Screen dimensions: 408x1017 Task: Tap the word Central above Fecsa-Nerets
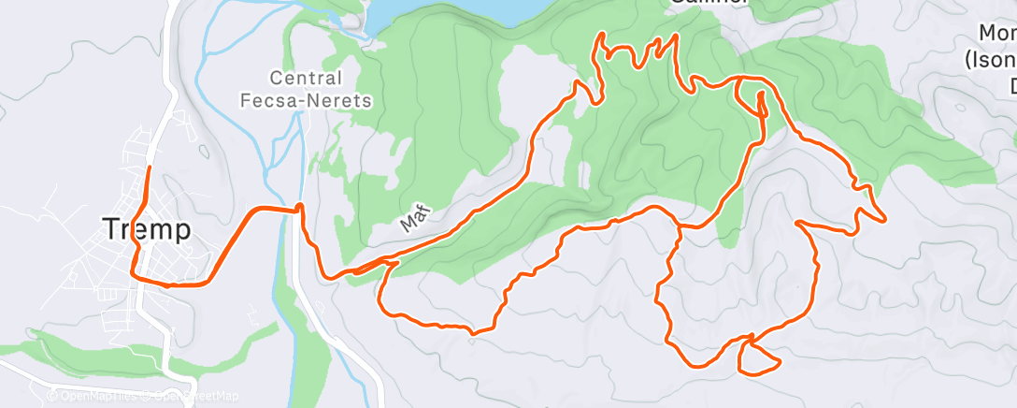tap(306, 79)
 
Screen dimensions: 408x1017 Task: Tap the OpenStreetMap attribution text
tap(192, 396)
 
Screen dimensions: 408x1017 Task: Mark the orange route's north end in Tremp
tap(150, 168)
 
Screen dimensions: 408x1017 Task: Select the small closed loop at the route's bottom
tap(756, 357)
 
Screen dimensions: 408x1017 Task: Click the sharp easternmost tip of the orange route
tap(885, 221)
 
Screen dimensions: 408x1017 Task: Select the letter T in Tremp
tap(109, 229)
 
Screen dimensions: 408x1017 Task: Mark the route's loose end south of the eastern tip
tap(796, 223)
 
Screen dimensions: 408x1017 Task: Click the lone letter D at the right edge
tap(1010, 86)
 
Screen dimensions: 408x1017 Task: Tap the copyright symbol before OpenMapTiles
tap(52, 396)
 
